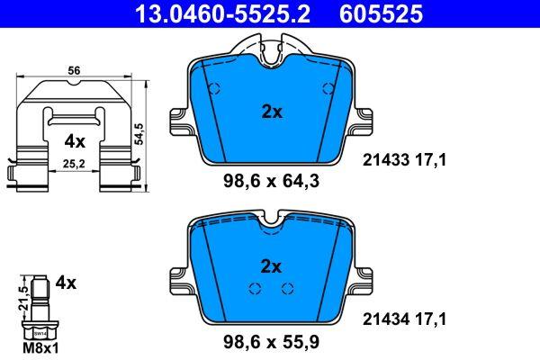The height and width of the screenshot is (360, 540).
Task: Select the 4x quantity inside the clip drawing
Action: point(74,141)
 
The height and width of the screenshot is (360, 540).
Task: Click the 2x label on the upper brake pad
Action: point(272,112)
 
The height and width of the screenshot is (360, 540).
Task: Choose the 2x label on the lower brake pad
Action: point(272,266)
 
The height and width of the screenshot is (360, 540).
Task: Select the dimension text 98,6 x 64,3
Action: point(271,181)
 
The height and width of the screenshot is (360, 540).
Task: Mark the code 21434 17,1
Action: point(404,318)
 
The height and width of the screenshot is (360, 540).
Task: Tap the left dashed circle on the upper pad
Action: point(214,88)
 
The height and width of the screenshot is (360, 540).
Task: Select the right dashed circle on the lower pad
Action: point(288,288)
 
